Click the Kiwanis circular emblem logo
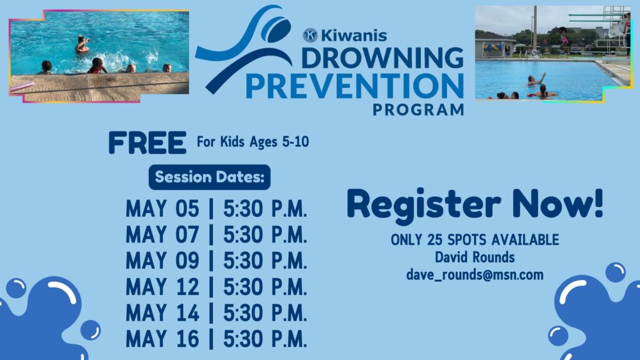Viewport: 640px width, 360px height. pos(310,35)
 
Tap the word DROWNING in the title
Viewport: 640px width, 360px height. pos(382,58)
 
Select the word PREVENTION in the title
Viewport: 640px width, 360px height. pos(355,86)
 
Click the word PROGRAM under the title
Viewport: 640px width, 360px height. pos(418,109)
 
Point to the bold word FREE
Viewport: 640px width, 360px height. pos(147,143)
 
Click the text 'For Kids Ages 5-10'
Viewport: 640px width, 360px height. pos(252,142)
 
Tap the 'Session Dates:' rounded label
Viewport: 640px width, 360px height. pos(209,177)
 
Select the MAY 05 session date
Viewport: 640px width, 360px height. pos(162,209)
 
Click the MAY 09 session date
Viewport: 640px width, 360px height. pos(162,261)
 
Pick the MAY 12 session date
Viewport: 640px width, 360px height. pos(162,286)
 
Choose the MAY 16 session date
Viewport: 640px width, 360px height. pos(162,339)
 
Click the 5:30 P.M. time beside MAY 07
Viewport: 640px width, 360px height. pos(265,235)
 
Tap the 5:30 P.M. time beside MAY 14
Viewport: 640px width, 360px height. pos(265,313)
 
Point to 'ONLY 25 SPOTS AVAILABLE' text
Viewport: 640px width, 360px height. pos(475,240)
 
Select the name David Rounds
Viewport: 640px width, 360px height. pos(475,257)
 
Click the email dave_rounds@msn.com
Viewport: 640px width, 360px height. pos(475,275)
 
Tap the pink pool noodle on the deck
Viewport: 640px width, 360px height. pos(22,87)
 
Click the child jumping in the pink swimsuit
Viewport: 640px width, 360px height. pos(564,39)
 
